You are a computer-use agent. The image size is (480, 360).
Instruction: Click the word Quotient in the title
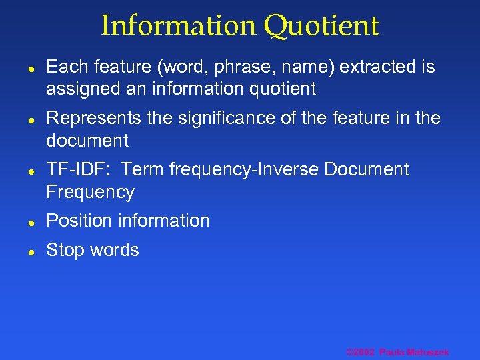[x=321, y=26]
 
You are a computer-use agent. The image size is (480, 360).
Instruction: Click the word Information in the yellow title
[x=179, y=26]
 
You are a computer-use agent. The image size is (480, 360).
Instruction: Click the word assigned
[x=79, y=89]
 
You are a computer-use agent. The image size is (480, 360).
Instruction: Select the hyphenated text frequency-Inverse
[x=245, y=169]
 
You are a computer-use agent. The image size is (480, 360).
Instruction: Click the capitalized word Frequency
[x=90, y=192]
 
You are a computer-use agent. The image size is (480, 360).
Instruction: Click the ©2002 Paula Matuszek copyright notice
[x=397, y=352]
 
